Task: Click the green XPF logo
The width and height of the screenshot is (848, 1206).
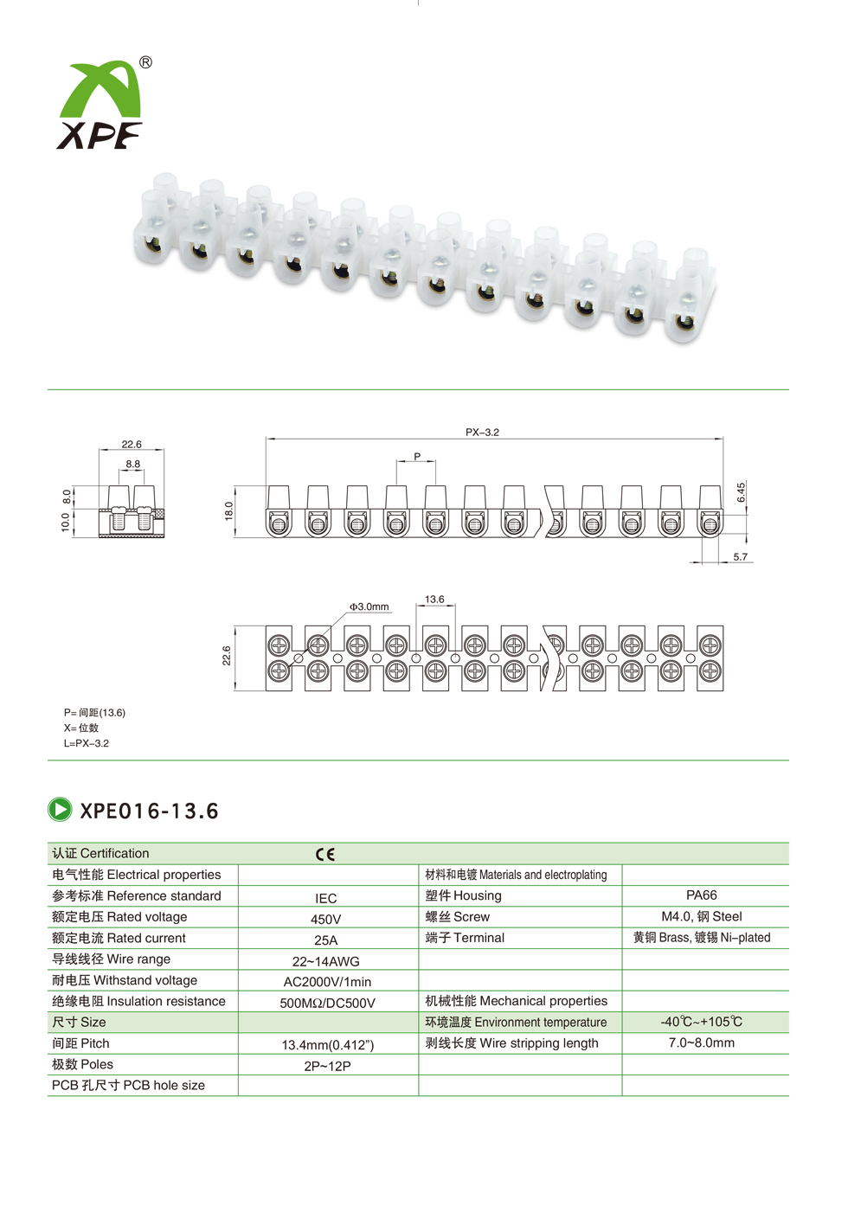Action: click(100, 105)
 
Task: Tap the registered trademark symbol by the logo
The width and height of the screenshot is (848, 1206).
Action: click(145, 62)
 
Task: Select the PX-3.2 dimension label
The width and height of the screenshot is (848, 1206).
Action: click(482, 433)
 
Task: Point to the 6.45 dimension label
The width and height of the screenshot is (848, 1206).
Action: click(741, 492)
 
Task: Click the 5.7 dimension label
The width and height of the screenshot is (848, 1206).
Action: click(741, 556)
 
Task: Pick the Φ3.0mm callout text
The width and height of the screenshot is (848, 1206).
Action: click(369, 606)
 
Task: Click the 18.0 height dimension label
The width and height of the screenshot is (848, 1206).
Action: click(228, 510)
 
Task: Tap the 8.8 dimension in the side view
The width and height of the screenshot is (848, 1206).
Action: click(133, 464)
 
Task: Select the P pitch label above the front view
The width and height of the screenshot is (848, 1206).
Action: click(417, 457)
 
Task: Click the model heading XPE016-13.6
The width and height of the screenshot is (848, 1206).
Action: click(149, 811)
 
